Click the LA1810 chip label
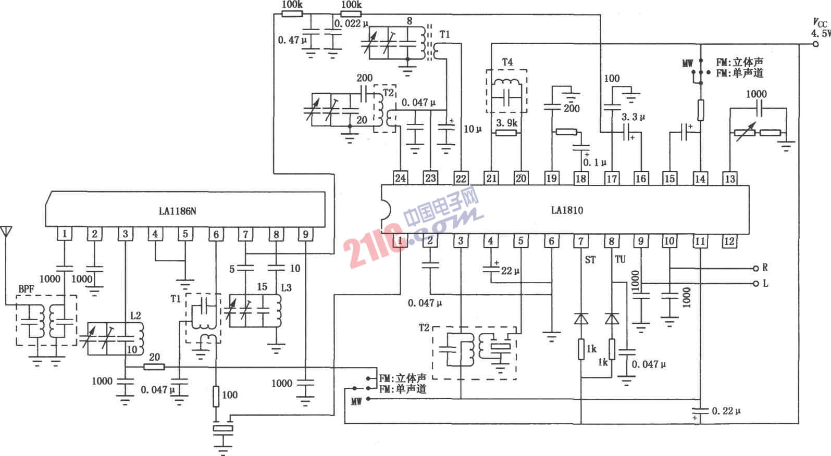[567, 210]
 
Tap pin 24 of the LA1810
[400, 178]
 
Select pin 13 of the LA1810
[730, 179]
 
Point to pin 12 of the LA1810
[729, 241]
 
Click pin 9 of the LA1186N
[306, 234]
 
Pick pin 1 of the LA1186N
[65, 234]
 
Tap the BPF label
[26, 289]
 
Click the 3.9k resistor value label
[506, 123]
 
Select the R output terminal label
[765, 268]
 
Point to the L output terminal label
[765, 284]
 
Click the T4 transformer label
[507, 62]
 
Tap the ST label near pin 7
[590, 259]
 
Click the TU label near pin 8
[620, 259]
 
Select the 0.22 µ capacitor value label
[726, 411]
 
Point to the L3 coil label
[286, 287]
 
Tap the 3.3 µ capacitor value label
[633, 117]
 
